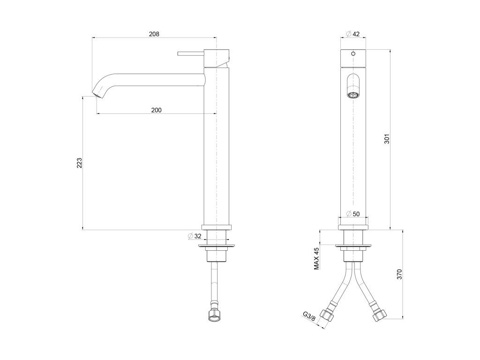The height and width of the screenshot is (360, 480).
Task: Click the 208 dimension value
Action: pos(154,34)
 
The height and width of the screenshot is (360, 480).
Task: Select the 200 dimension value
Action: pos(157,110)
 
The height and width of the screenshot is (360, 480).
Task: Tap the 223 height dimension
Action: pos(79,163)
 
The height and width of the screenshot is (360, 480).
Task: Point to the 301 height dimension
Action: pos(387,139)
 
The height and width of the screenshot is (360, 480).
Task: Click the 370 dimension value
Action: pos(399,274)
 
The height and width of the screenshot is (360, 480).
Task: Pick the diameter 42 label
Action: pos(352,34)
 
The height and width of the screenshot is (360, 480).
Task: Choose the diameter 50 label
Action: pos(353,214)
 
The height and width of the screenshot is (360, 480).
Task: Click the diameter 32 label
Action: pos(195,236)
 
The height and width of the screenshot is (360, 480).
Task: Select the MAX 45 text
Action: pos(316,259)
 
